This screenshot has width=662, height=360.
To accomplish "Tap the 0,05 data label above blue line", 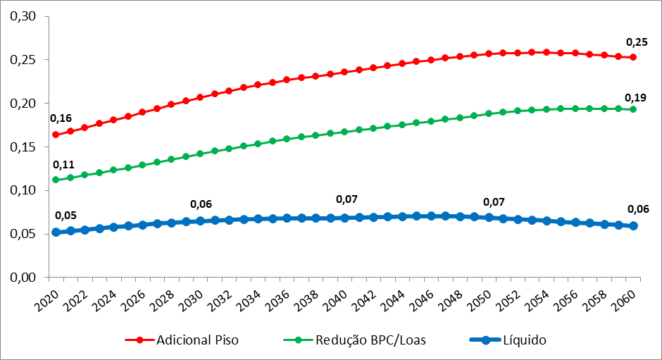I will tap(65, 215).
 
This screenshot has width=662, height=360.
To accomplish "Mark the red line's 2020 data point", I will tap(56, 135).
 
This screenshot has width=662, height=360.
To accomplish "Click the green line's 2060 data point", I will tap(633, 109).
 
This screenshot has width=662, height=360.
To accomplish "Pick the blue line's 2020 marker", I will tap(56, 232).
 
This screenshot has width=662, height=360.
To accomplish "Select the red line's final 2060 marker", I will tap(633, 57).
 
